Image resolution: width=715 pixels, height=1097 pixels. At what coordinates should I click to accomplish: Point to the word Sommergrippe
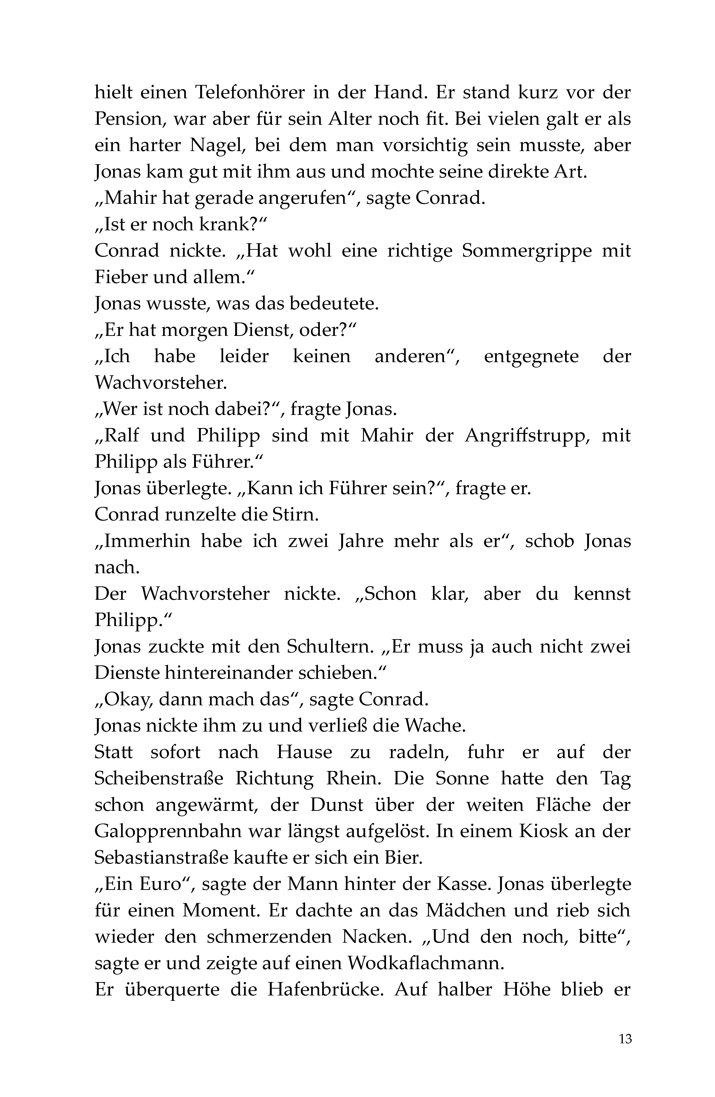coord(527,251)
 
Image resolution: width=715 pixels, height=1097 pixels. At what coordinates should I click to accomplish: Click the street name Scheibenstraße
coord(159,779)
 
